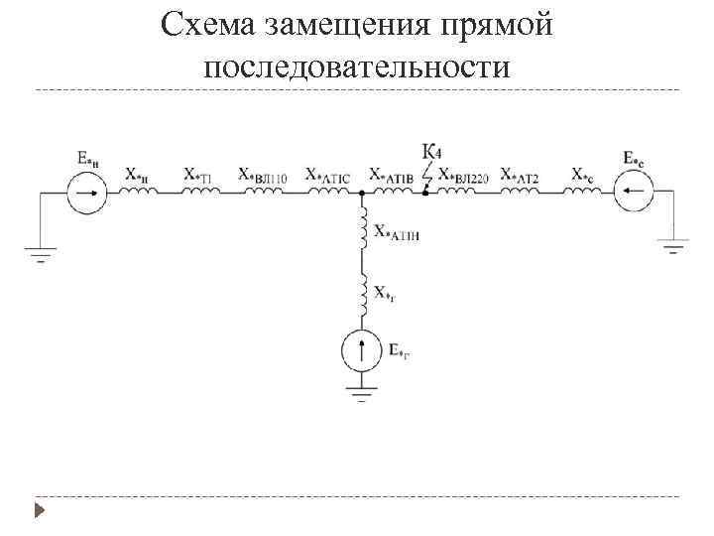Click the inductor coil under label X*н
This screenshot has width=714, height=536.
click(x=139, y=191)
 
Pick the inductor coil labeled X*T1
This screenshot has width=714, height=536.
click(x=200, y=191)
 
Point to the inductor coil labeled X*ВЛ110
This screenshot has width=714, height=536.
click(x=263, y=191)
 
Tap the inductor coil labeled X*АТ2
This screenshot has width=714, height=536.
click(x=522, y=191)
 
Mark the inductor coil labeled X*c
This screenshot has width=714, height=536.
click(x=584, y=191)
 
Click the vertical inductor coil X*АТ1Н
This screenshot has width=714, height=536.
click(x=362, y=226)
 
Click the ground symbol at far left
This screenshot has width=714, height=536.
click(x=40, y=257)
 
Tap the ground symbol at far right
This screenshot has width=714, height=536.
click(x=674, y=246)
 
